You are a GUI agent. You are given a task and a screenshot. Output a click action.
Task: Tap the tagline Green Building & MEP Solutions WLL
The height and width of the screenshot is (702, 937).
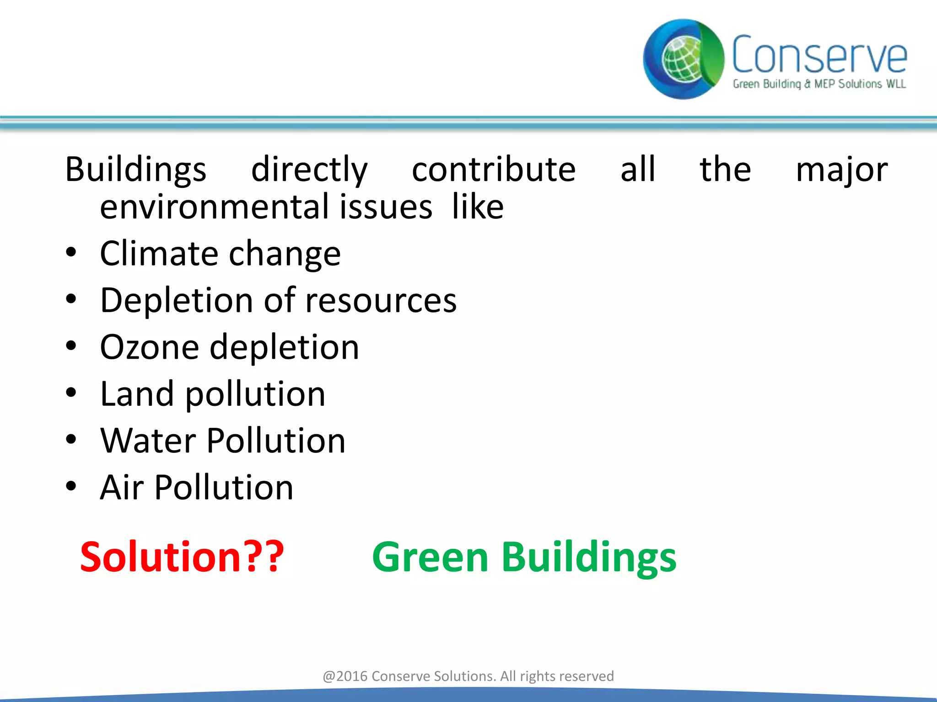click(819, 84)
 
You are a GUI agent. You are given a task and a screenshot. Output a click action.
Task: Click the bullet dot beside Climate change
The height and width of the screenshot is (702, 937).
click(71, 253)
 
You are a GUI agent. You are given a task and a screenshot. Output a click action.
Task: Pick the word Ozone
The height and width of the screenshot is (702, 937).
click(149, 347)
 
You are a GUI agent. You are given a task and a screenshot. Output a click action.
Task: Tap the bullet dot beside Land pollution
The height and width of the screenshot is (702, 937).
click(71, 393)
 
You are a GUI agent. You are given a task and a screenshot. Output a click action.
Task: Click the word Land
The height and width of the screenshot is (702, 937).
click(137, 394)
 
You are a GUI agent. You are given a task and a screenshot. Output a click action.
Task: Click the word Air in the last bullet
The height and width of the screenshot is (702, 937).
click(122, 488)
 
